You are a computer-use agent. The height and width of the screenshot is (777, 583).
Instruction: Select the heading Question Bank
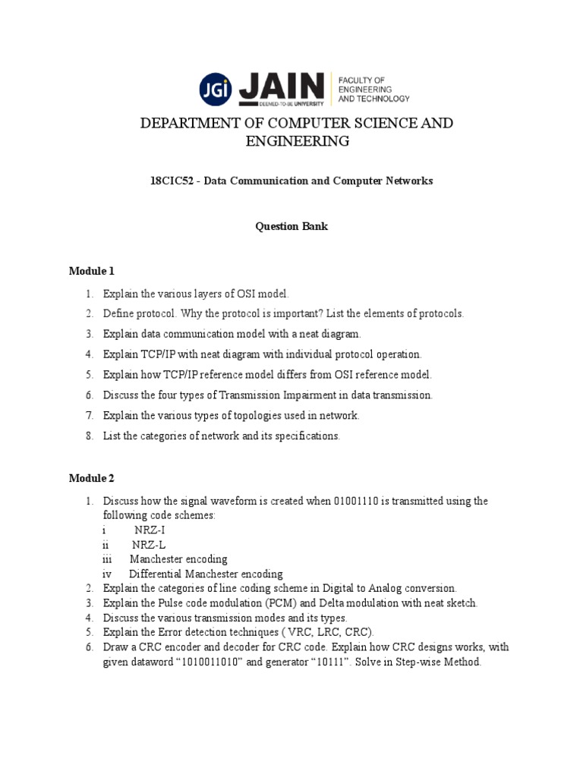coord(291,227)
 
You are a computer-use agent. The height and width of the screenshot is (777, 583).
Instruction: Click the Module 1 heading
coord(91,271)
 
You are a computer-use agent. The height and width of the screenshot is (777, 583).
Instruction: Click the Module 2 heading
coord(91,478)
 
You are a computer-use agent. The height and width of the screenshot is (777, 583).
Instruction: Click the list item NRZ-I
coord(150,530)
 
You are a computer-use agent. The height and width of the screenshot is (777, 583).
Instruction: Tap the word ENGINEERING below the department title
coord(297,141)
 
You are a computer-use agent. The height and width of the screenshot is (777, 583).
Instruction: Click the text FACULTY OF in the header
coord(361,80)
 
